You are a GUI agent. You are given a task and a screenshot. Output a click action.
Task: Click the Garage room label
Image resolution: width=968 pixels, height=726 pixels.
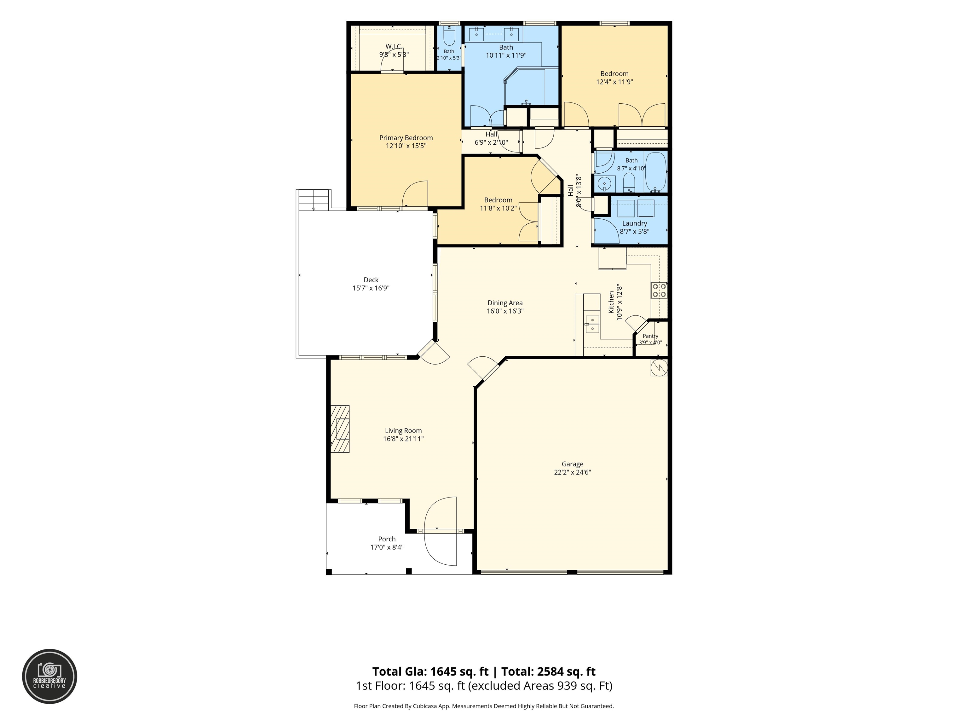click(x=573, y=464)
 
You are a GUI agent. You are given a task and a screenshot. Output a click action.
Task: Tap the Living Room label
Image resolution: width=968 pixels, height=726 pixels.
click(x=403, y=431)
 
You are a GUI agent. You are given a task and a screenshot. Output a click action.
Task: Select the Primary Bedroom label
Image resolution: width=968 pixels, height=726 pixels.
click(x=406, y=138)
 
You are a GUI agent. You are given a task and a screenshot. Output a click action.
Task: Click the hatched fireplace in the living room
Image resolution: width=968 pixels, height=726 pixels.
click(x=340, y=429)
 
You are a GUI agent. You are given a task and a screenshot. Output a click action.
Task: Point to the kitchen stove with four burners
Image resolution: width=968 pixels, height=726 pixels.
click(x=659, y=290)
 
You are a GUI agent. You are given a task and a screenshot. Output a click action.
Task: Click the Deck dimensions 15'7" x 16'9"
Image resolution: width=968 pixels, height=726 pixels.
click(x=371, y=288)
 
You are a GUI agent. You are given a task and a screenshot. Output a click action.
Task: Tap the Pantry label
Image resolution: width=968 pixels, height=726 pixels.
click(x=650, y=336)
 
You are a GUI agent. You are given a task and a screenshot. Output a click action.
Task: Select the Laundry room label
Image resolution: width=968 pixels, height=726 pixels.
click(x=635, y=223)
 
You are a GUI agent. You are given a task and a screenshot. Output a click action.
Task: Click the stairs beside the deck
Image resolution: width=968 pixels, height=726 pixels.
click(x=313, y=200)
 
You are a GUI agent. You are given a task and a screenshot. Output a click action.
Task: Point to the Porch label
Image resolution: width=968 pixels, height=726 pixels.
click(x=387, y=539)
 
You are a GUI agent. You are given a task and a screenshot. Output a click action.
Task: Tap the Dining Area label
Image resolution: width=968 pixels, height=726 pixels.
click(x=505, y=303)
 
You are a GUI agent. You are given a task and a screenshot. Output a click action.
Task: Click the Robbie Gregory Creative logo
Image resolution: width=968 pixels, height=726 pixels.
click(x=49, y=676)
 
